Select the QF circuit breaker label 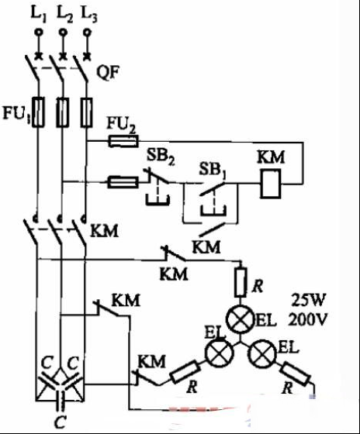(x=108, y=73)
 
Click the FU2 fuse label (x=121, y=125)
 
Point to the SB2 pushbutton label (x=161, y=157)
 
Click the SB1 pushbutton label (x=213, y=170)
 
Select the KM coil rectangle (x=271, y=183)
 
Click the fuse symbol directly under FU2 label (x=123, y=141)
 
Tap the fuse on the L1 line (x=38, y=112)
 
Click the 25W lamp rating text (x=307, y=301)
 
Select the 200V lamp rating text (x=307, y=319)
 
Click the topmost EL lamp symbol (x=240, y=319)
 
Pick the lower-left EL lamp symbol (x=219, y=353)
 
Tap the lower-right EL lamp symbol (x=263, y=353)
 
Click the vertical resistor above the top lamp (x=240, y=282)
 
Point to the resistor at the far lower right (x=295, y=374)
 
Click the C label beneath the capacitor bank (x=60, y=422)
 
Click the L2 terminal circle (x=63, y=32)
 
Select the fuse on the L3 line (x=86, y=112)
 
